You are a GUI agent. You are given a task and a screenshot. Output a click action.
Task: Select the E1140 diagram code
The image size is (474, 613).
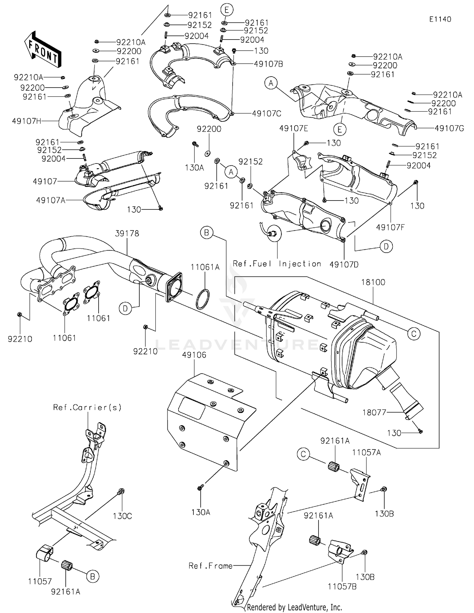[440, 19]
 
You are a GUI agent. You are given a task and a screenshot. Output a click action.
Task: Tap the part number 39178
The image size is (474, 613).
[127, 233]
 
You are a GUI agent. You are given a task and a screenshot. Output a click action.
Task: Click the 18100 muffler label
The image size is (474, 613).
[373, 282]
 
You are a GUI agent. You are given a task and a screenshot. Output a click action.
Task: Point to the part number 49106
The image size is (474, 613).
[194, 355]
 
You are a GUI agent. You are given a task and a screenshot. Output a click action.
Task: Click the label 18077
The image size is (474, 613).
[374, 412]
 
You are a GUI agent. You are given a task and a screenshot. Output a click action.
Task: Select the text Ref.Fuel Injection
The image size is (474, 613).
[277, 264]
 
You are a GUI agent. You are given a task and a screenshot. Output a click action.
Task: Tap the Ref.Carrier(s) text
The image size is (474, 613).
[87, 407]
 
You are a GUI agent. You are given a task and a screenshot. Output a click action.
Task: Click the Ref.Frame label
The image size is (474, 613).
[210, 566]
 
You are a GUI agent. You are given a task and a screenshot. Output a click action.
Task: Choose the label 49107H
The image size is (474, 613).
[27, 121]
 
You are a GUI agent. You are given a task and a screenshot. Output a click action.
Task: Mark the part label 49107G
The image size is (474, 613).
[449, 128]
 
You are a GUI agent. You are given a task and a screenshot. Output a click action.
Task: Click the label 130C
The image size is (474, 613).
[122, 516]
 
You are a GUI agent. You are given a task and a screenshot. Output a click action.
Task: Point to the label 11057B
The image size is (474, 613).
[342, 586]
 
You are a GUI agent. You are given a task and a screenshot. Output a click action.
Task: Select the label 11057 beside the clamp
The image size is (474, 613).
[40, 581]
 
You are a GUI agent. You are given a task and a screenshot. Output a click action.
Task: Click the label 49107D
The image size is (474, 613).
[344, 264]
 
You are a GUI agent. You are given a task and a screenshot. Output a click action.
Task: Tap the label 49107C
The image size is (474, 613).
[267, 113]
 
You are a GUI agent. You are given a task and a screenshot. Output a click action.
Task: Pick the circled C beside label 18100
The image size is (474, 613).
[414, 333]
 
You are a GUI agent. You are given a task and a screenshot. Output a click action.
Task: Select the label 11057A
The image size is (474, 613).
[367, 453]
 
